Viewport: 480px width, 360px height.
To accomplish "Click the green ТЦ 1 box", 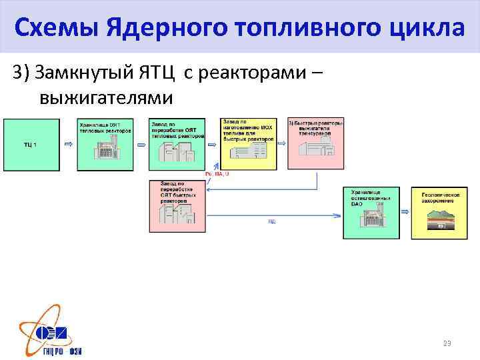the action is [31, 145].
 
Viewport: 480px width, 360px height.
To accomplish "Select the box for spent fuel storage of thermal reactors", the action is [104, 145].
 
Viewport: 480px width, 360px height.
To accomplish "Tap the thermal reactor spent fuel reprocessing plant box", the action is [177, 145].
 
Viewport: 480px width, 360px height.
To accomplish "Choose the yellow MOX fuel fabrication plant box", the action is [248, 144].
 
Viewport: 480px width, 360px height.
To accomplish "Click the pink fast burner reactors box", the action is [315, 144].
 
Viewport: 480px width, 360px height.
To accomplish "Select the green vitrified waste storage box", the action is [371, 213].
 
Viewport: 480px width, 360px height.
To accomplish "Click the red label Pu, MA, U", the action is [217, 174].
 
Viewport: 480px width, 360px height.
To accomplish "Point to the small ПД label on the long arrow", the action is [272, 221].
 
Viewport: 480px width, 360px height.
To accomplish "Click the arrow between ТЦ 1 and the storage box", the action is [68, 143].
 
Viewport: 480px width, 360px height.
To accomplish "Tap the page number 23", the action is [447, 343].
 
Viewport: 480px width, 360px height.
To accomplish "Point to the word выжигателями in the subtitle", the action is [106, 98].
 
